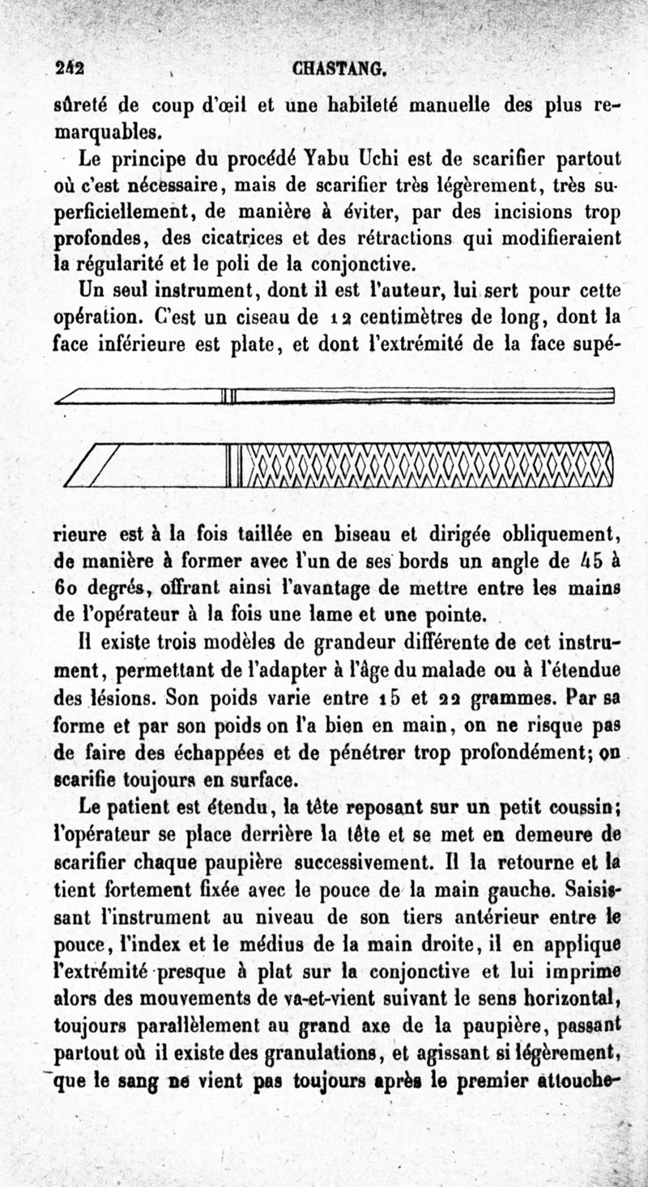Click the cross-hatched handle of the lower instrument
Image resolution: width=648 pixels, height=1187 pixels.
[x=425, y=468]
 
